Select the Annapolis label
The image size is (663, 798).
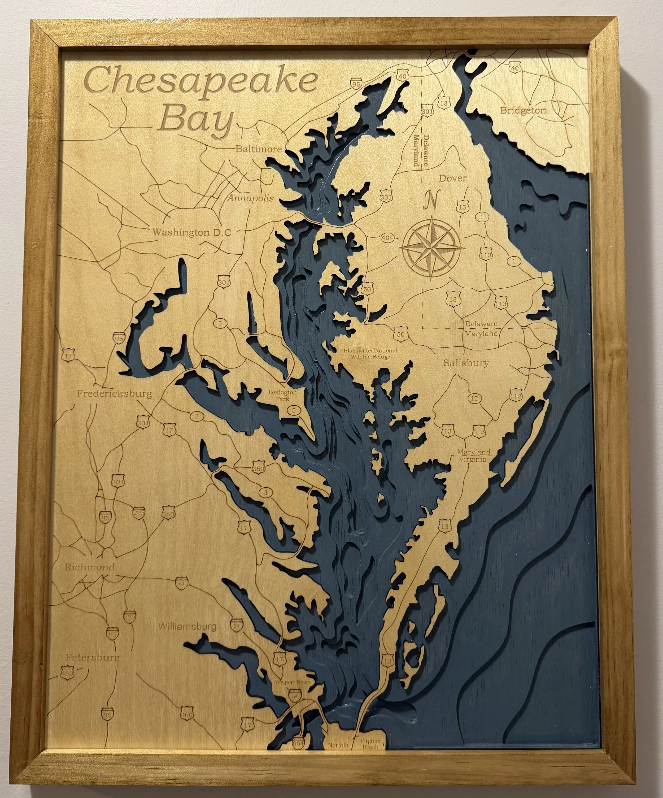(251, 198)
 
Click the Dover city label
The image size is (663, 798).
(453, 178)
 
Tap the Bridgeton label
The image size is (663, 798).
(523, 111)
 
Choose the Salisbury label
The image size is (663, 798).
(466, 363)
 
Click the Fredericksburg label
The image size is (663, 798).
(114, 393)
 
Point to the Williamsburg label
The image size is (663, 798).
(187, 626)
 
